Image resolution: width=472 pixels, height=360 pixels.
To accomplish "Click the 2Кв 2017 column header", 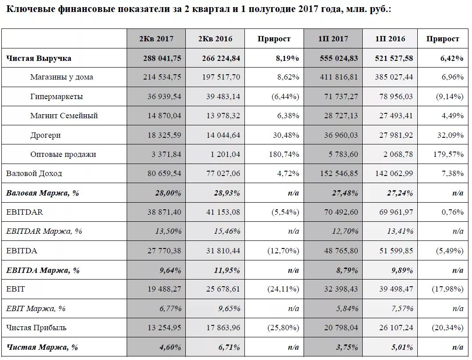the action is (x=156, y=39).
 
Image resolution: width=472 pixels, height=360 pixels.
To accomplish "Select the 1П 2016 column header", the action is (x=390, y=39).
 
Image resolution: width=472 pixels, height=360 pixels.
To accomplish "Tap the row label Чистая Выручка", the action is (x=39, y=58).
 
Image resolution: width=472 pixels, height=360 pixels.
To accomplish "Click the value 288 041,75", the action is (x=162, y=58).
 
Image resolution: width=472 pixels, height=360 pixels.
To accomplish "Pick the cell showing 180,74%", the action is (x=284, y=154).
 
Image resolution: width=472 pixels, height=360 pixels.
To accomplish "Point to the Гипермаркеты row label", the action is (x=56, y=96).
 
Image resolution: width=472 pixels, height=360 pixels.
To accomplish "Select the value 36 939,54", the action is (x=164, y=96).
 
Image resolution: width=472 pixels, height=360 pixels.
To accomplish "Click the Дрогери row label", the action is (x=45, y=135).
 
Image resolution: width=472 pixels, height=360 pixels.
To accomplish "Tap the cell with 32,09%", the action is (x=450, y=135).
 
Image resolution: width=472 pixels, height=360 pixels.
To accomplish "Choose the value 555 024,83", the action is (x=339, y=58).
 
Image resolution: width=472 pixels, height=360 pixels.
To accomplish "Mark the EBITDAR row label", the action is (x=24, y=212).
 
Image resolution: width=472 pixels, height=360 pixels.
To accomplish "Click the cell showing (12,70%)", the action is (x=283, y=251).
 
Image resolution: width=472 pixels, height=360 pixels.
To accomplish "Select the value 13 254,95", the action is (x=164, y=328).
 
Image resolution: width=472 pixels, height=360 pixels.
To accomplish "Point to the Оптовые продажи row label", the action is (x=63, y=154).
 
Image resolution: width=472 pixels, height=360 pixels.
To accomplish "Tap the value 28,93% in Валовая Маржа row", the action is (x=227, y=193).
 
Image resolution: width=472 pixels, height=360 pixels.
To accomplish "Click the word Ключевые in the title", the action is (x=30, y=9).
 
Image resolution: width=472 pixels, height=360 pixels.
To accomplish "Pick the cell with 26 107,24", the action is (x=396, y=328).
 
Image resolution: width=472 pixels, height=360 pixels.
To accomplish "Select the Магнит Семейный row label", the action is (x=64, y=116).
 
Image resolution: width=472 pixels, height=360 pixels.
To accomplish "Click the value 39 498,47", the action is (x=396, y=289).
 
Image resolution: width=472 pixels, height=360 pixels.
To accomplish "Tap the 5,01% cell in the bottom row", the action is (x=402, y=348).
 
